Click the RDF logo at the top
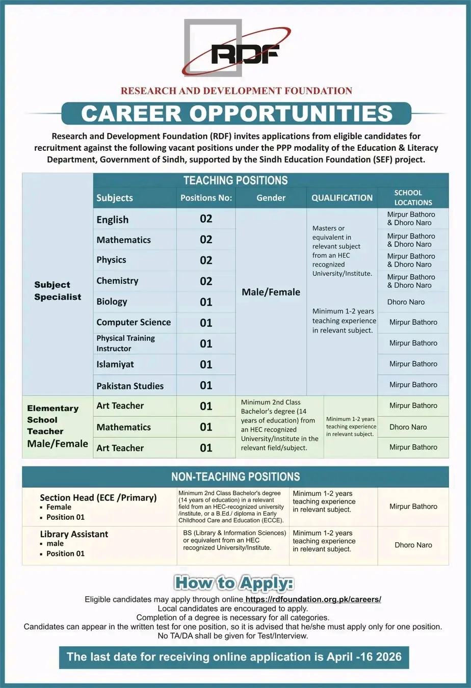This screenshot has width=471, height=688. [235, 51]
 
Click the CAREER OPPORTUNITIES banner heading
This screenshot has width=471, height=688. [237, 113]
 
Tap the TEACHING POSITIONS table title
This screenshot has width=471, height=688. [235, 180]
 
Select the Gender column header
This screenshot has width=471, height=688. [271, 198]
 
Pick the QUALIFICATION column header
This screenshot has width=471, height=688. [342, 198]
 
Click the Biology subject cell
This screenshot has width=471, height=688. [112, 302]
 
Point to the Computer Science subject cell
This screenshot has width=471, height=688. [134, 323]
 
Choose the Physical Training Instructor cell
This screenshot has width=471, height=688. [125, 343]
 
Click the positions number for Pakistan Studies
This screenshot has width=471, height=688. [206, 385]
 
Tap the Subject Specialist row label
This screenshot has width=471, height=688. [58, 291]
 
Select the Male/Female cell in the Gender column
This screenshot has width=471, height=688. [271, 293]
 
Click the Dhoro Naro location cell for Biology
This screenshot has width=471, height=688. [406, 302]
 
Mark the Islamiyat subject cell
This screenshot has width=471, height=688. [115, 364]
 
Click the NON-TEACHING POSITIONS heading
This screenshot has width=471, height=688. [235, 477]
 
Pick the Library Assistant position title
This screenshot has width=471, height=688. [74, 534]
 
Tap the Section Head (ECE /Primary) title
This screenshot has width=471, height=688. [98, 498]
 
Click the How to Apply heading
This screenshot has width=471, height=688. [234, 583]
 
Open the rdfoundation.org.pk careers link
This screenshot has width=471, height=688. [313, 600]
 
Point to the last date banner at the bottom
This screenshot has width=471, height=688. [234, 657]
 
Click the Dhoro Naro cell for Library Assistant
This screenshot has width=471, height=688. [413, 545]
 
